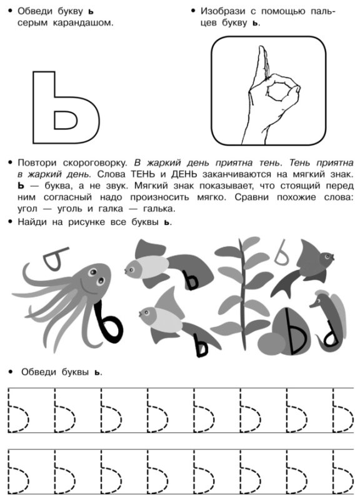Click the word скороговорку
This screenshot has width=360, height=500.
click(95, 163)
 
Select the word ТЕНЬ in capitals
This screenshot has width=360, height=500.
click(145, 174)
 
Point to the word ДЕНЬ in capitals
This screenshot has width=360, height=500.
click(184, 174)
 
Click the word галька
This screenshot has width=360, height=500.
click(159, 209)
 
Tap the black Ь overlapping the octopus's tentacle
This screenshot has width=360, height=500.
click(108, 322)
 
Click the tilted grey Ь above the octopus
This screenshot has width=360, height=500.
click(55, 258)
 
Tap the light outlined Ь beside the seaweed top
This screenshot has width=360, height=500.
click(281, 254)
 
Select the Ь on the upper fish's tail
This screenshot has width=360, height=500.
click(192, 279)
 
